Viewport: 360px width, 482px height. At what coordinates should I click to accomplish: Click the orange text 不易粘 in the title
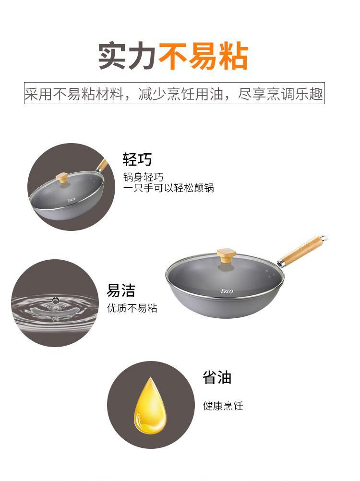203,57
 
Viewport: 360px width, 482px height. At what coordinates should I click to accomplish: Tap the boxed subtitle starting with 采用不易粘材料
174,93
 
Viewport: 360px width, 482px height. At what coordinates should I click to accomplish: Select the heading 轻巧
137,159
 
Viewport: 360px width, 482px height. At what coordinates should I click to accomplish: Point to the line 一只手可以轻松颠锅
168,188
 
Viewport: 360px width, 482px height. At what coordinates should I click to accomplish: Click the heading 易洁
121,290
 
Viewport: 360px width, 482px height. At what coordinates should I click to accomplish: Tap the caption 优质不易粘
132,308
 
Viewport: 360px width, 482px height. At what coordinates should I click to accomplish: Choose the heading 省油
217,377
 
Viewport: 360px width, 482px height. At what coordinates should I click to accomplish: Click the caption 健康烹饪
223,406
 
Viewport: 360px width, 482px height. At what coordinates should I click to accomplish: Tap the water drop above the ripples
55,301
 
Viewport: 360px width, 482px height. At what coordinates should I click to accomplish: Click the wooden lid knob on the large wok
226,256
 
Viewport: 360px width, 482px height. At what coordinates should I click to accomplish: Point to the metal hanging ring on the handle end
324,238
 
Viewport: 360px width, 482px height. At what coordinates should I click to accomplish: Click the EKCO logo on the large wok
227,291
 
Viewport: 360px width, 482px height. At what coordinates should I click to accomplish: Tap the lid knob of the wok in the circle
62,177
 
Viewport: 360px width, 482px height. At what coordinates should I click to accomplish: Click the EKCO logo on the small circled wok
72,200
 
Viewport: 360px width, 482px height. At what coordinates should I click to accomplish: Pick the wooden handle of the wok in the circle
102,165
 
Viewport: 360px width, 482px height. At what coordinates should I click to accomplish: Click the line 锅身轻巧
143,177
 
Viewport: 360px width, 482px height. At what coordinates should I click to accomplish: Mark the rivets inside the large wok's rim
270,274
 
